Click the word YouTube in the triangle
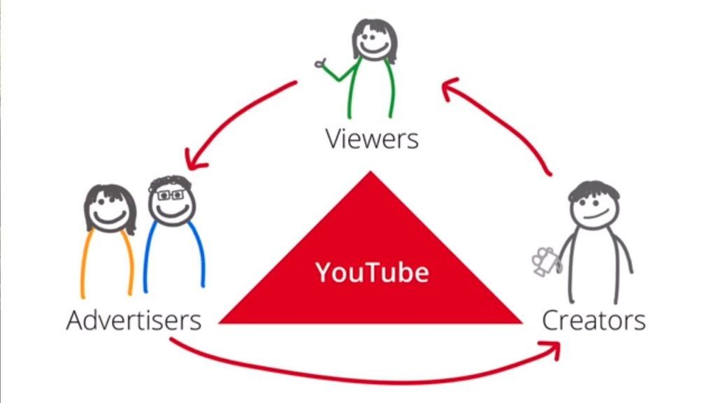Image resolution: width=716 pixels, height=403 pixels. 371,271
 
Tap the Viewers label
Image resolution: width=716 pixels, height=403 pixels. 371,139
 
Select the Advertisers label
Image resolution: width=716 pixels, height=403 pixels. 134,320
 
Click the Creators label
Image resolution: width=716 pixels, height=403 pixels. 594,320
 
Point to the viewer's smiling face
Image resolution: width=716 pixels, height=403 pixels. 373,43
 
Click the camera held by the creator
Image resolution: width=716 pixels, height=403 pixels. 545,261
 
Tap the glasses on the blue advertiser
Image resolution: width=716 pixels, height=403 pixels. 170,196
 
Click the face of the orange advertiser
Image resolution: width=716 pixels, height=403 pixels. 108,211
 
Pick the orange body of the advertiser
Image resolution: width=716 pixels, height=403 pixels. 106,262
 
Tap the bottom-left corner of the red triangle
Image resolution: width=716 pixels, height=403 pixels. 221,323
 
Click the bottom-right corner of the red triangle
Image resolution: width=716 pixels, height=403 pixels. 521,323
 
